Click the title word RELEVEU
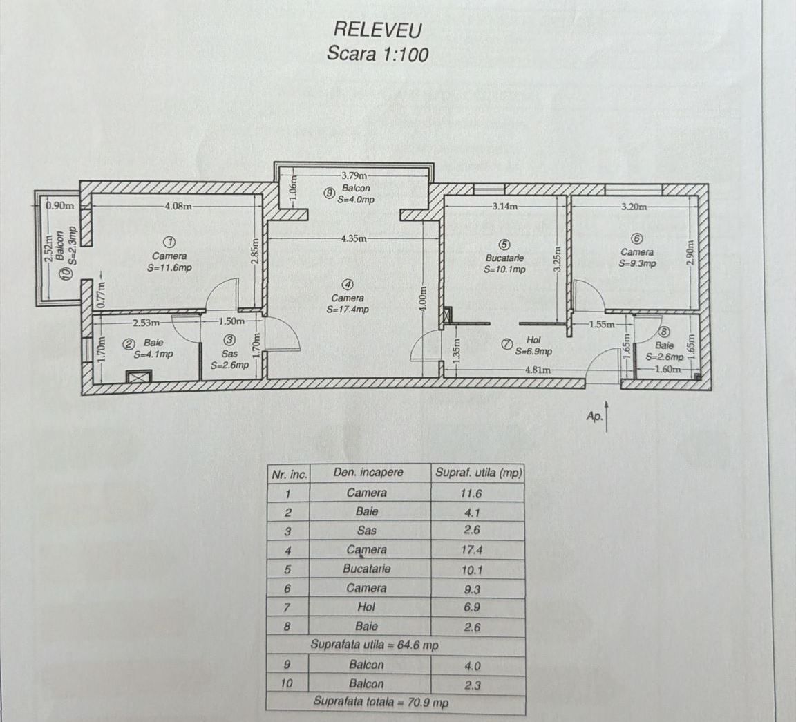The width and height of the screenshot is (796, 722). tap(377, 29)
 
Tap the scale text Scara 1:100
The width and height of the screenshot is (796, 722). tap(377, 54)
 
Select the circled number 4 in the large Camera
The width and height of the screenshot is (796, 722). tap(349, 284)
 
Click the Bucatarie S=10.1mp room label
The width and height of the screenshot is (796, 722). tap(504, 263)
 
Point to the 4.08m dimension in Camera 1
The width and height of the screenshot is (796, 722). tap(178, 205)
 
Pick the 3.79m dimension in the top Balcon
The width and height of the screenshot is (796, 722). tap(354, 175)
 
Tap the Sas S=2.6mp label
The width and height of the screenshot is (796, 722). tap(230, 359)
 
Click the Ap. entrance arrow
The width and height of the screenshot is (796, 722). tap(606, 417)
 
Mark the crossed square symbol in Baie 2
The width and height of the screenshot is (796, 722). tap(139, 377)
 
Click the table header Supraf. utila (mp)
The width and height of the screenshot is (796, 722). tap(478, 473)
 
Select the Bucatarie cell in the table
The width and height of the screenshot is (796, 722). tap(367, 569)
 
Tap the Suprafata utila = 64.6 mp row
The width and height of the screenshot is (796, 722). tap(375, 645)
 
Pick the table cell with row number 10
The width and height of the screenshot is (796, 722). tap(287, 683)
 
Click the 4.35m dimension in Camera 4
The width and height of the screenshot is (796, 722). tap(354, 238)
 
